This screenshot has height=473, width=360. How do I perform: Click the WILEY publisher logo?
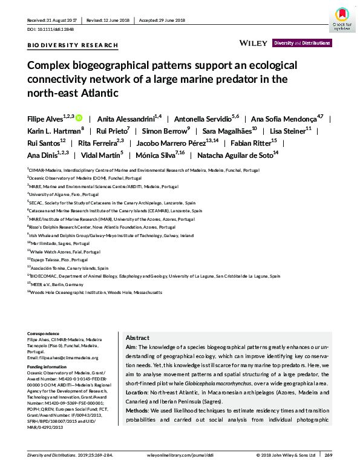254,43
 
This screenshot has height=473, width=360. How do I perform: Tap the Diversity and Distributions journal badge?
302,44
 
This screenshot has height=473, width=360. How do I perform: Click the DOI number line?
53,29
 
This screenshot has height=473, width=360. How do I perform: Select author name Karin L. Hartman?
54,131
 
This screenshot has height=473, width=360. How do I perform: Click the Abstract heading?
137,338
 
